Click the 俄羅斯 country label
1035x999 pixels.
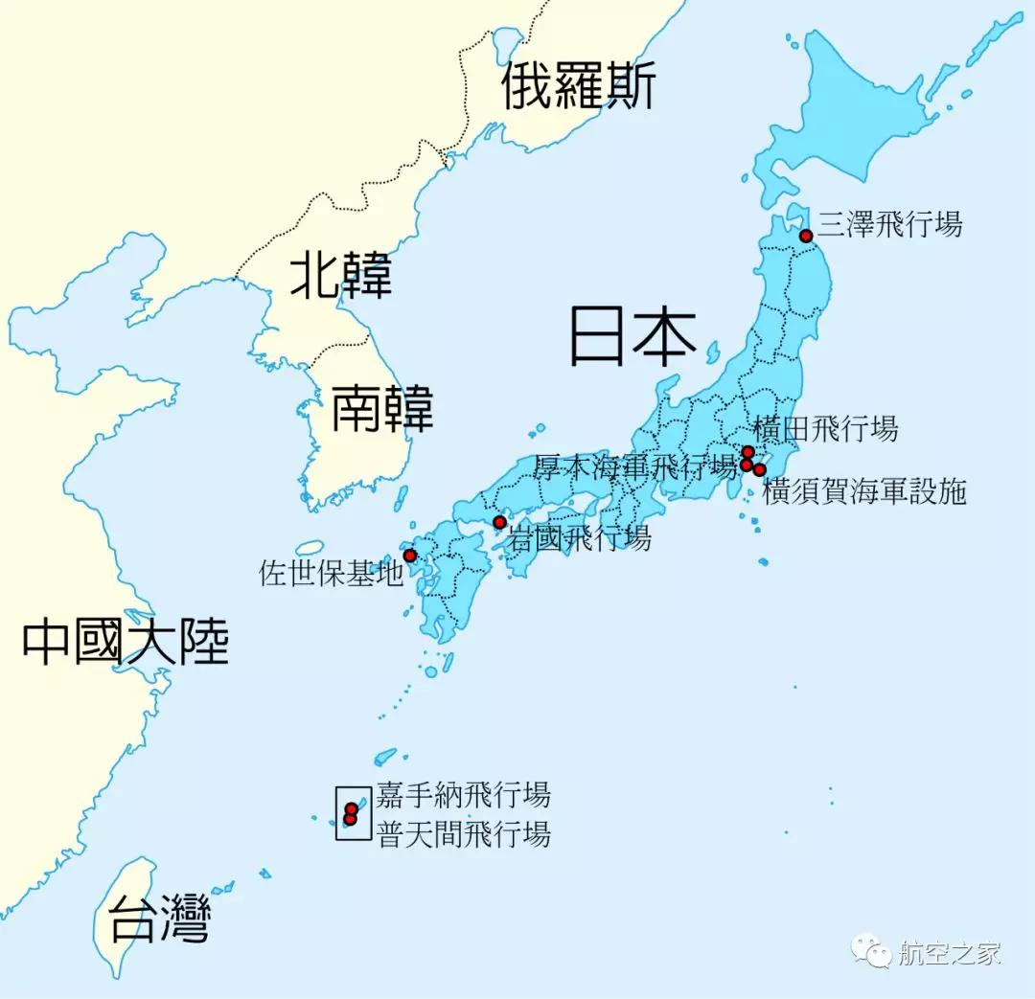(x=579, y=86)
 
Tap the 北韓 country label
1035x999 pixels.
(x=341, y=276)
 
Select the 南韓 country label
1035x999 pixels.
(x=382, y=410)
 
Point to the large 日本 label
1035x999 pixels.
(x=632, y=334)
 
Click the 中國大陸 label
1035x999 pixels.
(x=126, y=641)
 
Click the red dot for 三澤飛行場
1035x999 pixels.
(x=806, y=236)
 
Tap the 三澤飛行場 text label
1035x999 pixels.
(x=889, y=225)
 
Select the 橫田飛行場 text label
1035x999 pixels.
(x=826, y=429)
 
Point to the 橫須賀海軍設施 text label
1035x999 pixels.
(x=864, y=492)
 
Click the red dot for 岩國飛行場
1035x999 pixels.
(x=499, y=522)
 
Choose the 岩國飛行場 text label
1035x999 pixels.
(x=580, y=537)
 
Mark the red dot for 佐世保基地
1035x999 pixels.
(x=410, y=556)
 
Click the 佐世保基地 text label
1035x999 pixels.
(x=332, y=574)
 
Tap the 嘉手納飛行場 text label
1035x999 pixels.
(x=464, y=794)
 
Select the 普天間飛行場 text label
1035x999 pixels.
(x=464, y=834)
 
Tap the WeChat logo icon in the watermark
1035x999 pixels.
(x=871, y=952)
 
